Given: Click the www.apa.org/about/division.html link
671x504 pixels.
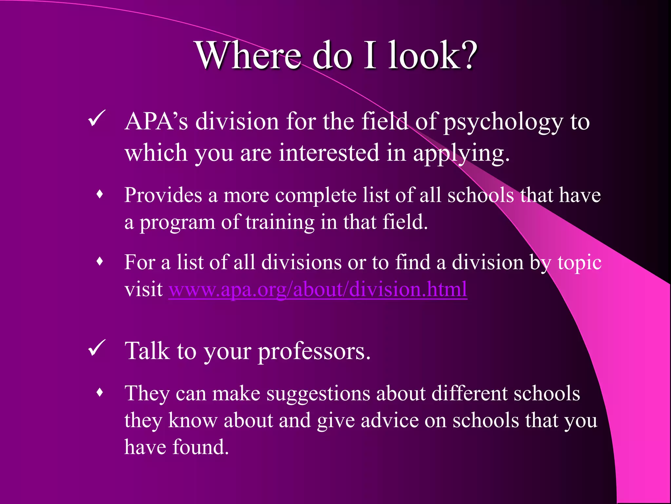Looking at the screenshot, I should coord(317,289).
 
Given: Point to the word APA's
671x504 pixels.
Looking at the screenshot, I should coord(156,121).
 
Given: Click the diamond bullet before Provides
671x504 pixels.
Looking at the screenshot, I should coord(100,195).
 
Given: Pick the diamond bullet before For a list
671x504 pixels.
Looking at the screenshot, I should coord(100,262).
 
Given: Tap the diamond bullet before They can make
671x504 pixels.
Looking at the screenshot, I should coord(100,392).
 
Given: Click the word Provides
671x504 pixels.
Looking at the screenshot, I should coord(163,195).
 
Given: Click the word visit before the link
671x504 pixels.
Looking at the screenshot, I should coord(144,289).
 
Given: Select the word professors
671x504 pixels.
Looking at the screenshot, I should coord(314,352).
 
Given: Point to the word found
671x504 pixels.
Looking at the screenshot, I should coord(200,447).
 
